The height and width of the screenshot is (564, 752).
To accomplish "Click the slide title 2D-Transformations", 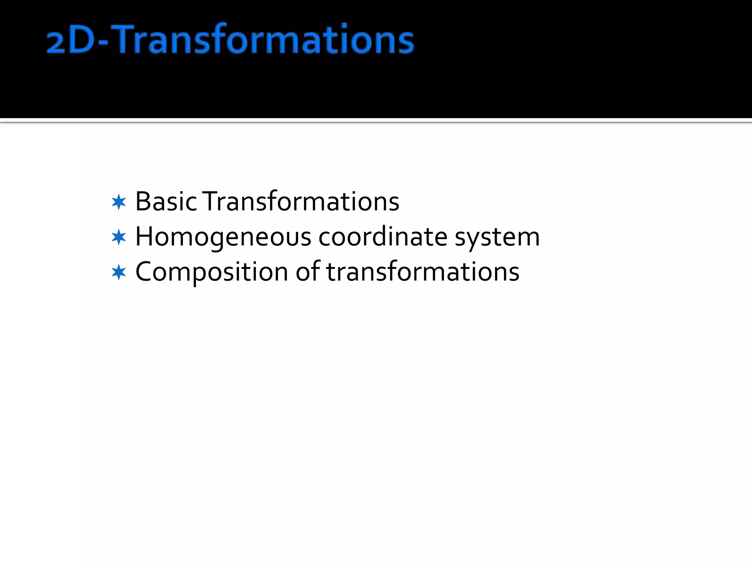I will (x=230, y=39).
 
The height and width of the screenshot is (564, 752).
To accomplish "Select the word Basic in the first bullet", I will (x=166, y=202).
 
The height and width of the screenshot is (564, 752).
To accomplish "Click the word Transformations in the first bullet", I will (x=301, y=202).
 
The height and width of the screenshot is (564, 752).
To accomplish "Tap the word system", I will (x=497, y=238).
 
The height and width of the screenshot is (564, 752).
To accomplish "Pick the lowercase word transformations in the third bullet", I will (x=423, y=272).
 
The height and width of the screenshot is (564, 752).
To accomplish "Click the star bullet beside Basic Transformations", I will (x=119, y=202).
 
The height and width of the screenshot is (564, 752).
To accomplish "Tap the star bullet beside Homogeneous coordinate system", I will (x=119, y=237).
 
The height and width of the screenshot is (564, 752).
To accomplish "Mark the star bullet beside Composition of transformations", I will (x=119, y=272).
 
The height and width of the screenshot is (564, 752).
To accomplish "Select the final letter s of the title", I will (x=406, y=43).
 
